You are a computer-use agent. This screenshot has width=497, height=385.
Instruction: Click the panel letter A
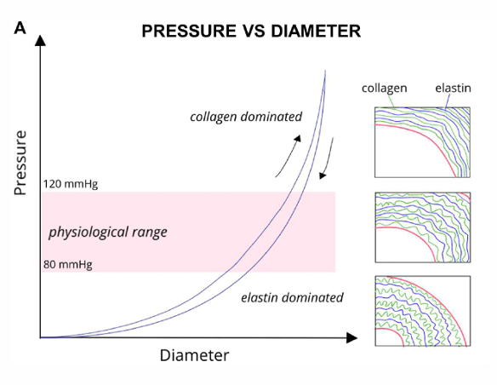pyautogui.click(x=20, y=29)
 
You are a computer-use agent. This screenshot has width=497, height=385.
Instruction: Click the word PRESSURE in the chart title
pyautogui.click(x=178, y=31)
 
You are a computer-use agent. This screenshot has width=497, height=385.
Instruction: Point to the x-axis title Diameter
pyautogui.click(x=194, y=354)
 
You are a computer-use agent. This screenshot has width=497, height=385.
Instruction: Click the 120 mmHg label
pyautogui.click(x=71, y=183)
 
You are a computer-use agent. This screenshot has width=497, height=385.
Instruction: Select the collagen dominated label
pyautogui.click(x=245, y=116)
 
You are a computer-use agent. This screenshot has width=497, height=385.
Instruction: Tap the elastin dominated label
pyautogui.click(x=292, y=298)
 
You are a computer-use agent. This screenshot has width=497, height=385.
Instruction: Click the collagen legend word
pyautogui.click(x=384, y=88)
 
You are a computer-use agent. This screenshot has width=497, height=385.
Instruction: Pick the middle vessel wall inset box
pyautogui.click(x=422, y=227)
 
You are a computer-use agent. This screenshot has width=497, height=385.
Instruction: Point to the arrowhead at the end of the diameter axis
pyautogui.click(x=351, y=338)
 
